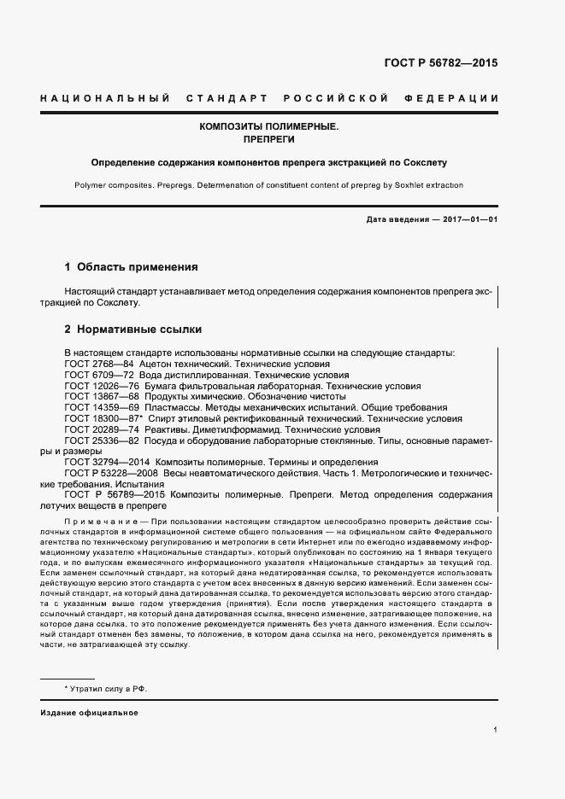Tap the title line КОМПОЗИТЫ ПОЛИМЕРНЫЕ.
point(269,126)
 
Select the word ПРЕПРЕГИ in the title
point(269,139)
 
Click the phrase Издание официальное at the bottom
point(88,713)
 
